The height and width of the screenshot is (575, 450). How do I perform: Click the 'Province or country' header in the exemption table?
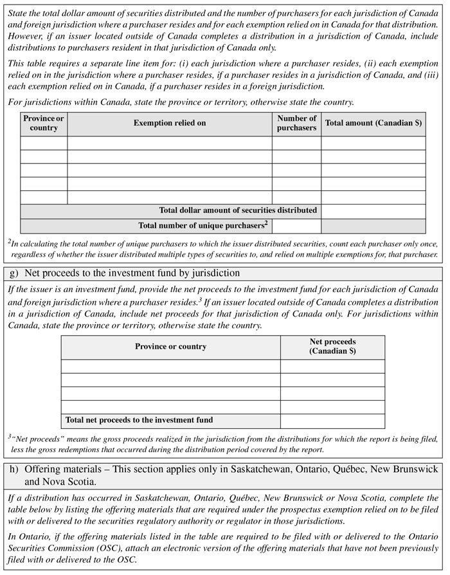point(44,123)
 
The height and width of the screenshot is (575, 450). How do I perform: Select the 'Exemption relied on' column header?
point(170,123)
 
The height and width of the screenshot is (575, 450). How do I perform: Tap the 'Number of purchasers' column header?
point(296,123)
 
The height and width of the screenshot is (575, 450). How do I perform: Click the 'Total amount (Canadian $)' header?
point(373,123)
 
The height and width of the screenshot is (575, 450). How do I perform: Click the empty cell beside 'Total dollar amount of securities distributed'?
point(373,211)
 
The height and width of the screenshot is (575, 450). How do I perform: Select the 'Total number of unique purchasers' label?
point(203,225)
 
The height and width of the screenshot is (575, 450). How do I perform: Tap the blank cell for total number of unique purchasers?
point(296,226)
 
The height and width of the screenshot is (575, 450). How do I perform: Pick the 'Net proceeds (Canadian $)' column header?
point(332,347)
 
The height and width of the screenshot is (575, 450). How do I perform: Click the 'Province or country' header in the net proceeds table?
point(170,347)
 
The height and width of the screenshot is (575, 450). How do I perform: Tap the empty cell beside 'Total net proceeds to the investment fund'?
point(332,421)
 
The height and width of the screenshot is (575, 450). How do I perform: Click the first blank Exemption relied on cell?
point(170,143)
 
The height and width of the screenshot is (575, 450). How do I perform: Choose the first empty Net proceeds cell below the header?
point(332,367)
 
